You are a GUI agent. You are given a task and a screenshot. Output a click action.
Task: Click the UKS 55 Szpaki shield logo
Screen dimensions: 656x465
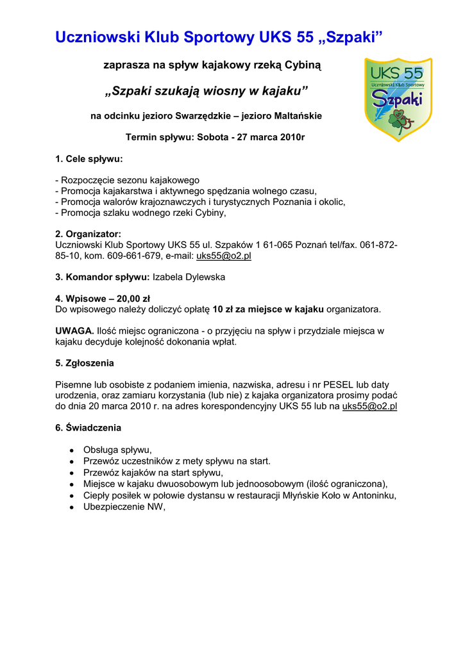click(x=398, y=99)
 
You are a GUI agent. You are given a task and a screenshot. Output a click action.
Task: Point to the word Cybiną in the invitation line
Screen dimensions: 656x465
click(x=303, y=65)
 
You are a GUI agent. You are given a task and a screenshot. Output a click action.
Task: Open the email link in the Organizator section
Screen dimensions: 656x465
click(x=223, y=256)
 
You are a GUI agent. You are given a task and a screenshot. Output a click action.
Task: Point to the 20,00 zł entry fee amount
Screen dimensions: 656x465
click(x=133, y=298)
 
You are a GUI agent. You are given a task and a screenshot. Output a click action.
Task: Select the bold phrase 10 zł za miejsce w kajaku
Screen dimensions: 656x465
click(x=268, y=309)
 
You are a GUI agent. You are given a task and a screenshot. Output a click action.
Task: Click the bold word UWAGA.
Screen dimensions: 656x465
click(x=74, y=331)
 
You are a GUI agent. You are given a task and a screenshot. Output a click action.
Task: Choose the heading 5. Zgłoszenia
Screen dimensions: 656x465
click(x=85, y=363)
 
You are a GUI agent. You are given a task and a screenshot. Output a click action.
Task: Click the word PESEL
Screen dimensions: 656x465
click(x=338, y=384)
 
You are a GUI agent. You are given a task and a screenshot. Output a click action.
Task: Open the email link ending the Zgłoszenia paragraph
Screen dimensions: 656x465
click(x=370, y=406)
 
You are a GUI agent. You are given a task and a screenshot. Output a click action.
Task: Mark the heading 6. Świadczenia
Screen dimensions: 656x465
click(x=88, y=427)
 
